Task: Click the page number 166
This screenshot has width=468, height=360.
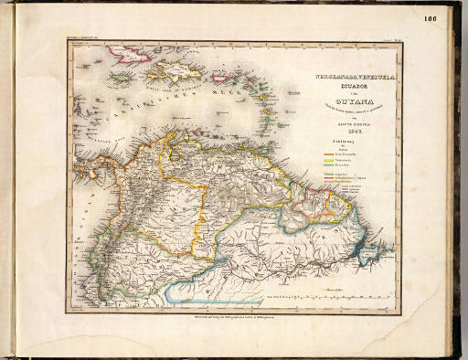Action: coord(431,19)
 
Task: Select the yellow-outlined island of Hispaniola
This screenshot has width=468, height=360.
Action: coord(175,72)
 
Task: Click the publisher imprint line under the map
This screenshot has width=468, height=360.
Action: coord(232,315)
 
